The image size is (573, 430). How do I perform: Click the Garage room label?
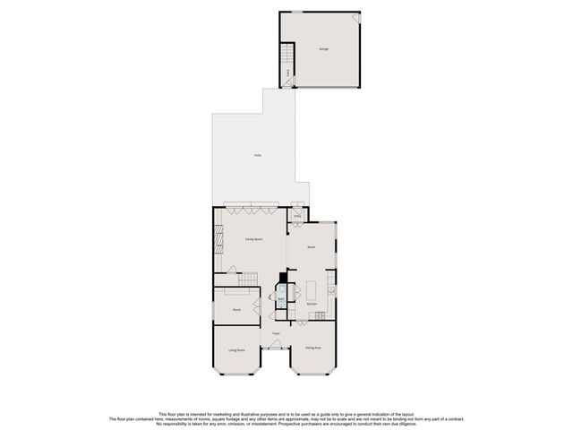pos(323,48)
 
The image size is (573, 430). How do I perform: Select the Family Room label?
pos(253,240)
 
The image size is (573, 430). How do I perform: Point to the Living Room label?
pos(236,350)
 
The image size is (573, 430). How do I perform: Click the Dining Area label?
pos(312,347)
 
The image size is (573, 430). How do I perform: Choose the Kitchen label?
pos(312,305)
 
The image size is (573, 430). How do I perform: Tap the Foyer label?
pos(277,333)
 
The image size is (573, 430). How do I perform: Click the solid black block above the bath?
pos(283,279)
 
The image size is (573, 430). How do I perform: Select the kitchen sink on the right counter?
pos(331,288)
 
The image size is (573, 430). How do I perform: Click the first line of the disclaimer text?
pos(286,414)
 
